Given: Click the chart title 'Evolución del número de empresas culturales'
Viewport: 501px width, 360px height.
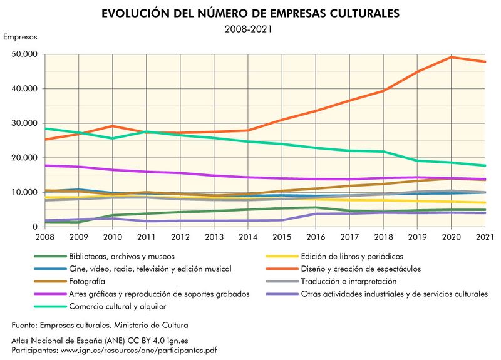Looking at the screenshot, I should [250, 13].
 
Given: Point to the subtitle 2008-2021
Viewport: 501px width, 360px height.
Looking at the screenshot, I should [250, 28].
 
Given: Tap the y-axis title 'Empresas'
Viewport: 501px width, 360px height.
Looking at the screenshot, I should [20, 36].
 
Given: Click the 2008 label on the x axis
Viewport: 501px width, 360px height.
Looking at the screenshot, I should [44, 237].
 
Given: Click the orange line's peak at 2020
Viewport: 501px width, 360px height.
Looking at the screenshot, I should [452, 57].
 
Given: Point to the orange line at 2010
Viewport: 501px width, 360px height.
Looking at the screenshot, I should [113, 126].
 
